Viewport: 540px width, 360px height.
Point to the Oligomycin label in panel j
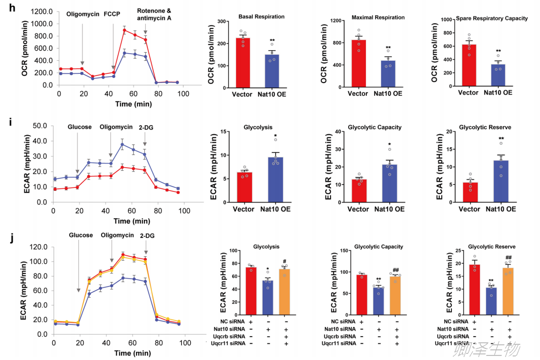coord(117,235)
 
